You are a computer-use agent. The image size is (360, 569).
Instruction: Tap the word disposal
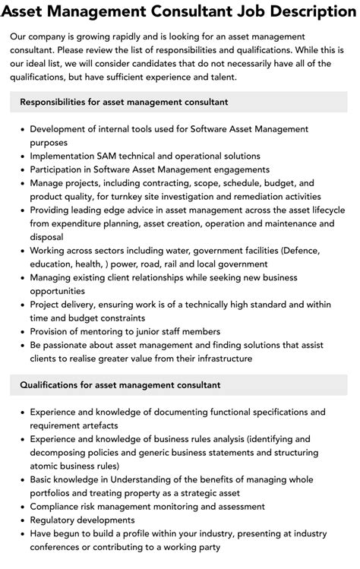coord(48,236)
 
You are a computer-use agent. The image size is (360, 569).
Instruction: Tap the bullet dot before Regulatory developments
coord(21,520)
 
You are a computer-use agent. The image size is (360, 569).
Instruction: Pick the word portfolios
coord(53,493)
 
